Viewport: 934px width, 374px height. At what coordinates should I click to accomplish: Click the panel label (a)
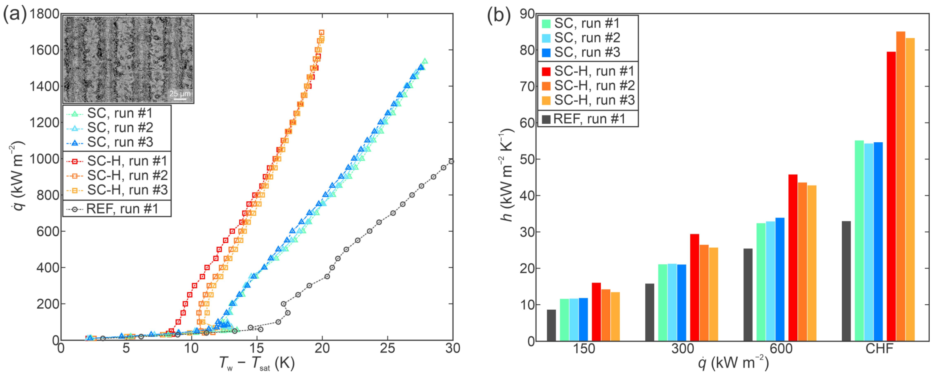14,15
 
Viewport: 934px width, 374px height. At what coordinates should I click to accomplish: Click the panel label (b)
498,15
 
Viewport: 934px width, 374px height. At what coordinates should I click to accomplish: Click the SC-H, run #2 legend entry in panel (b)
587,86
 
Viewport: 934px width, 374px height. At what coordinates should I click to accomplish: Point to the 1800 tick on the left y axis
44,14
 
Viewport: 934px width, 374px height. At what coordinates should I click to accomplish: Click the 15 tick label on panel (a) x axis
257,348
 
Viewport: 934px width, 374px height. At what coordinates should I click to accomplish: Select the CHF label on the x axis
879,349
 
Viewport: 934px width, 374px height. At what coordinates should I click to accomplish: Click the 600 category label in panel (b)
781,349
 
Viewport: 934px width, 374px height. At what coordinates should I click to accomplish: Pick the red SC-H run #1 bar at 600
793,258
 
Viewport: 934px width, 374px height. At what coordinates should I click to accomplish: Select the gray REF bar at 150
551,325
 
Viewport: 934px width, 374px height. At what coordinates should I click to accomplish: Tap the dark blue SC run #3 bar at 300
681,303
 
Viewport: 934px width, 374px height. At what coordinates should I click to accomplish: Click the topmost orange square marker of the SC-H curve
321,33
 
